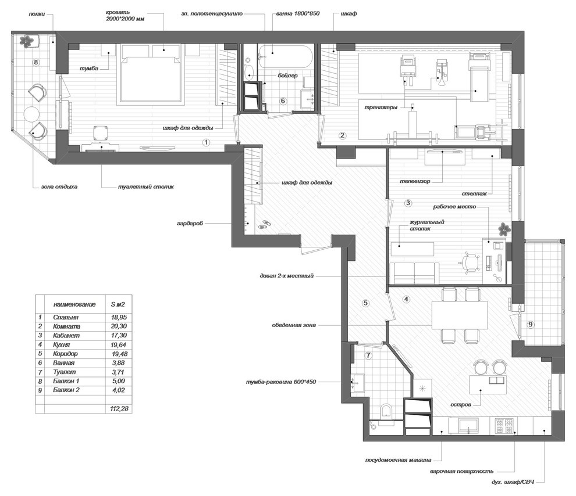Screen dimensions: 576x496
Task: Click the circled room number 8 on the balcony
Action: [35, 62]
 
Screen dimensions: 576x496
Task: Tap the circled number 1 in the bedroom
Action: [207, 142]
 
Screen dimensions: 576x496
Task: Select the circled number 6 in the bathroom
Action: [283, 101]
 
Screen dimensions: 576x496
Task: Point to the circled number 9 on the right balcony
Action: [530, 324]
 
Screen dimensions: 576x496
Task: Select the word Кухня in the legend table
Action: [61, 344]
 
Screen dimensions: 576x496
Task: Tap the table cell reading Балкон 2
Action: [66, 390]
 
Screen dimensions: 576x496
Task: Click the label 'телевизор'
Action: [415, 181]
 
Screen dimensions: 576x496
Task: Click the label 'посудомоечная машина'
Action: [398, 460]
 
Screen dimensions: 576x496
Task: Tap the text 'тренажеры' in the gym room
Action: [381, 108]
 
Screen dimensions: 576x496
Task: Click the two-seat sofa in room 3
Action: [414, 273]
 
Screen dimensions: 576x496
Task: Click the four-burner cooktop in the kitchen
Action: [504, 425]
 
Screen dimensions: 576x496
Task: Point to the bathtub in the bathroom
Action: [285, 56]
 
